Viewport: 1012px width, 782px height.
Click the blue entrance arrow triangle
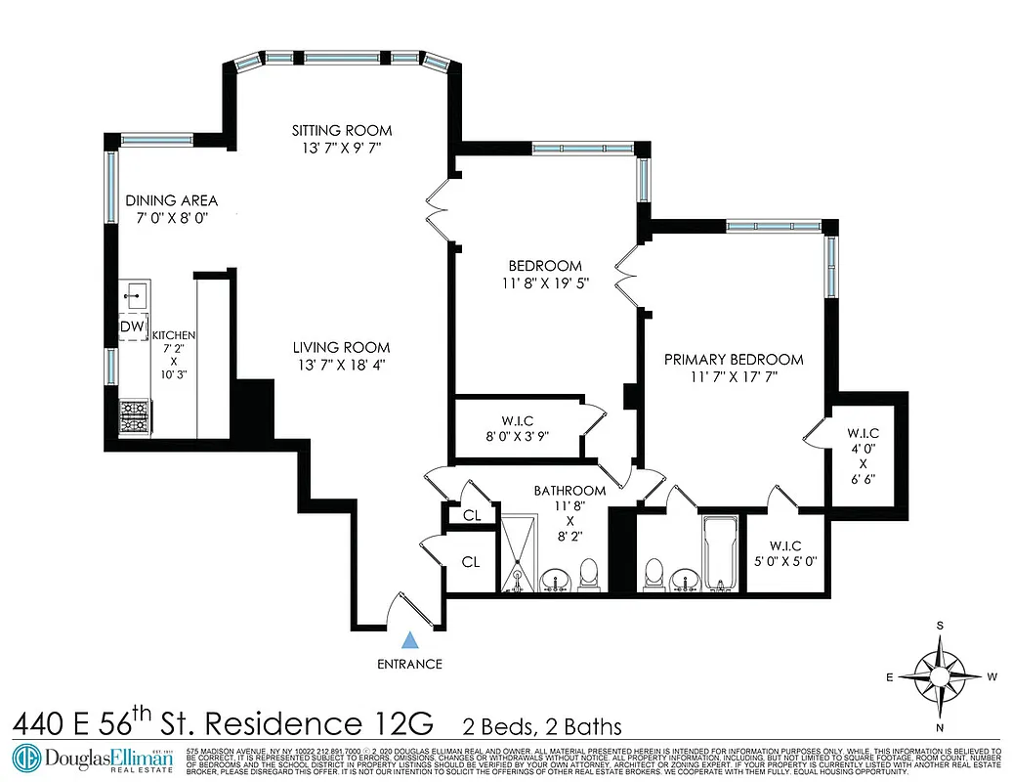[411, 641]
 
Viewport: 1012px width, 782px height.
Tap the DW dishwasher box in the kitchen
[132, 326]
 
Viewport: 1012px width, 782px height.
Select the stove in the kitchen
[133, 417]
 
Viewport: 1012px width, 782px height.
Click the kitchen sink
[134, 290]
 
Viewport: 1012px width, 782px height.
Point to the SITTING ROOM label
[343, 130]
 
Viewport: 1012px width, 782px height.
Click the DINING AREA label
[172, 200]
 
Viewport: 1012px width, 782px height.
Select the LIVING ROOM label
[343, 347]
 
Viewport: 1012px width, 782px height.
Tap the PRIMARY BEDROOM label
[734, 359]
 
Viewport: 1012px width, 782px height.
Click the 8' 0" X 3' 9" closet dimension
[517, 437]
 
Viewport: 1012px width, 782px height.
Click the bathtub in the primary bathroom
[722, 554]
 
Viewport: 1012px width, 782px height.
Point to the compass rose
[940, 675]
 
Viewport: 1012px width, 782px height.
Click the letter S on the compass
[941, 626]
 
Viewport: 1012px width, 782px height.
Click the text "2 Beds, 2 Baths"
[542, 726]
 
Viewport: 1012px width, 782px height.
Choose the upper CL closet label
[471, 514]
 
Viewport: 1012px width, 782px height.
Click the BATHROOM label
[569, 491]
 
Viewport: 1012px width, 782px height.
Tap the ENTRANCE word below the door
[410, 665]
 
